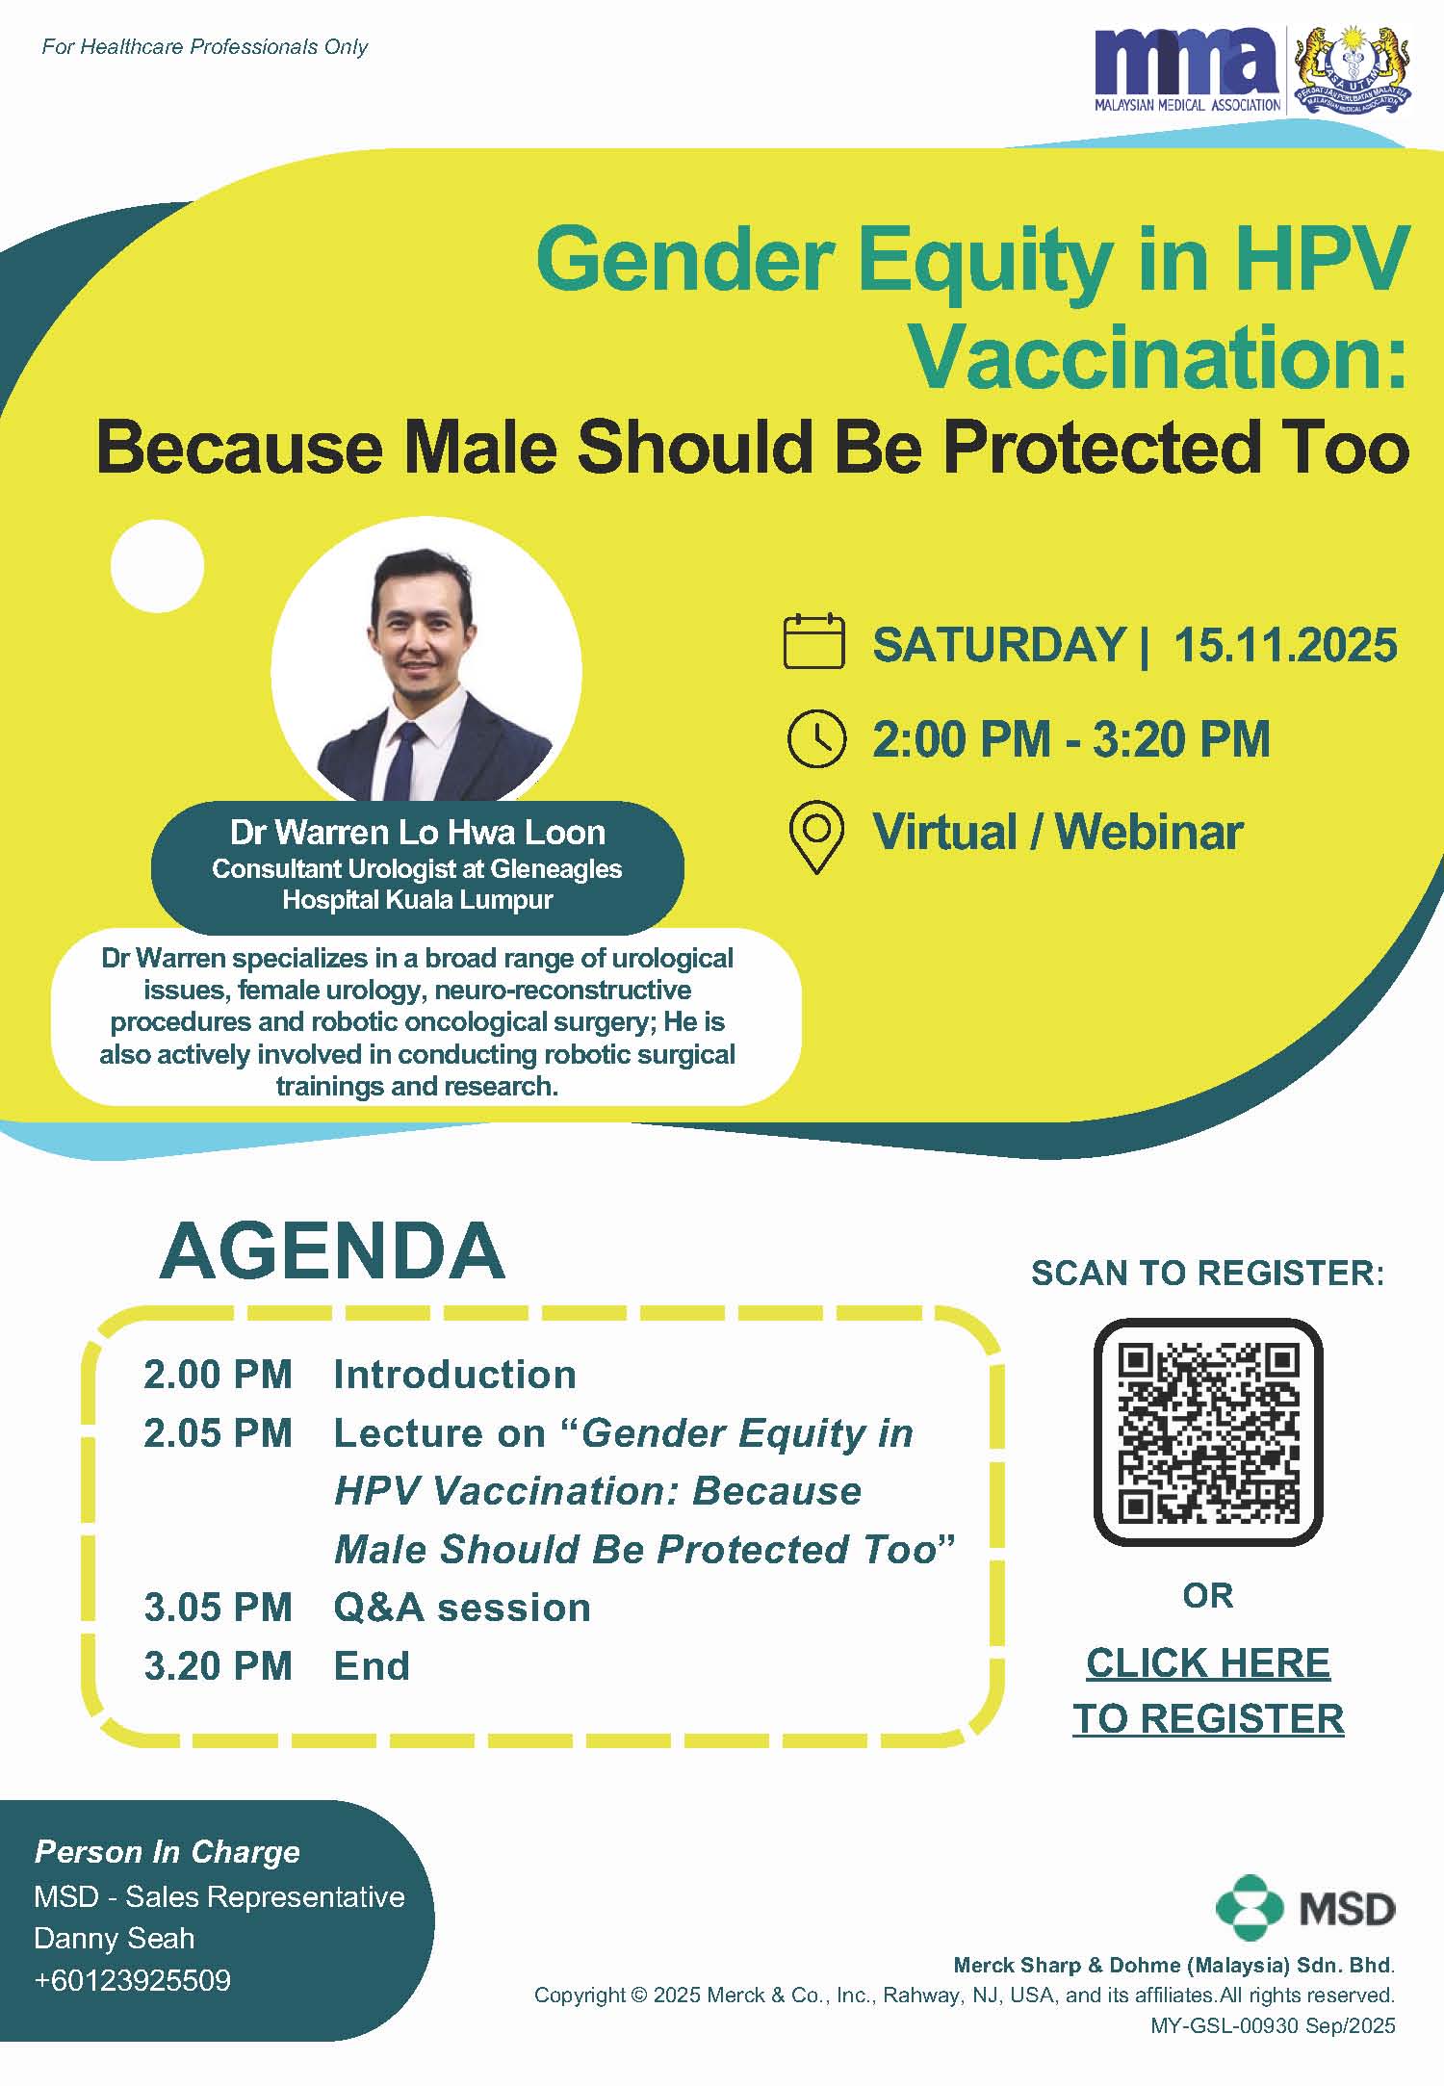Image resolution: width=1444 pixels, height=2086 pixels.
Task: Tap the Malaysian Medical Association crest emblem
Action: click(1353, 70)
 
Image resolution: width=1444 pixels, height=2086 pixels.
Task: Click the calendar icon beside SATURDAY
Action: click(814, 641)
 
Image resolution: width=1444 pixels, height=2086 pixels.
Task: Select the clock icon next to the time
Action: click(816, 739)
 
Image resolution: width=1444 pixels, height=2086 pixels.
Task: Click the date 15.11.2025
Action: click(1285, 644)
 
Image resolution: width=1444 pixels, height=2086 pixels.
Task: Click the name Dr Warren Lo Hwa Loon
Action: click(418, 832)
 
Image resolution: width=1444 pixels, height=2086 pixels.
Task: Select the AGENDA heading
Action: click(332, 1250)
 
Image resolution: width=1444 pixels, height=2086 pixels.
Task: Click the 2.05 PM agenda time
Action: click(218, 1433)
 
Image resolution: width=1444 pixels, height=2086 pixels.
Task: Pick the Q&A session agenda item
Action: click(462, 1608)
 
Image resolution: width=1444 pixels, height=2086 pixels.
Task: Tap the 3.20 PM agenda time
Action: click(218, 1666)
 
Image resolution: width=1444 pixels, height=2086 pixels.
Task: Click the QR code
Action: click(1208, 1431)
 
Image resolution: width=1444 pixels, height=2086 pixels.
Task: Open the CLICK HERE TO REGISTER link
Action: click(1208, 1690)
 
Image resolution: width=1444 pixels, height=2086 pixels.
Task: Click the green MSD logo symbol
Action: click(1250, 1908)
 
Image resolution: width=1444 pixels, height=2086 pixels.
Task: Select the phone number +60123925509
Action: click(132, 1980)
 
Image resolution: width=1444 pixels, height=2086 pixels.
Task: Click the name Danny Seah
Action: click(114, 1938)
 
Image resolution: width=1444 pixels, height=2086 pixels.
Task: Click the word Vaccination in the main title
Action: click(1159, 357)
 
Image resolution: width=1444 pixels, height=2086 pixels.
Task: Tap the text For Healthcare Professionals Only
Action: click(204, 47)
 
